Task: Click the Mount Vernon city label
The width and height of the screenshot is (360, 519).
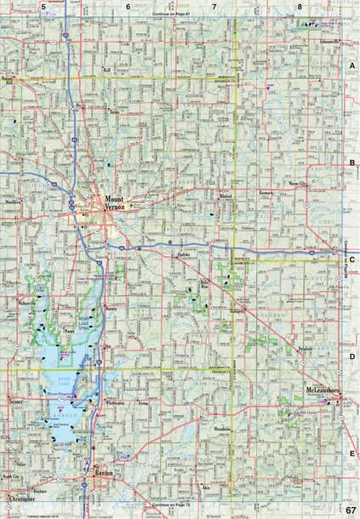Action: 114,206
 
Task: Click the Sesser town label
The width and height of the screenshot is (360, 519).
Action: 14,399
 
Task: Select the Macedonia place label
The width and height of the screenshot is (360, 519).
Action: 222,428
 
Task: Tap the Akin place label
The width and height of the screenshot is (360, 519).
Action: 229,487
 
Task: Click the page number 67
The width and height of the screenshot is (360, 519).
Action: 349,509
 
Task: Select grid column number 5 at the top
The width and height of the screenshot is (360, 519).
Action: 43,7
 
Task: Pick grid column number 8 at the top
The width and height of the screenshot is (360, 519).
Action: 300,7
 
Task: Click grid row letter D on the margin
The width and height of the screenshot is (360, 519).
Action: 351,357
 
